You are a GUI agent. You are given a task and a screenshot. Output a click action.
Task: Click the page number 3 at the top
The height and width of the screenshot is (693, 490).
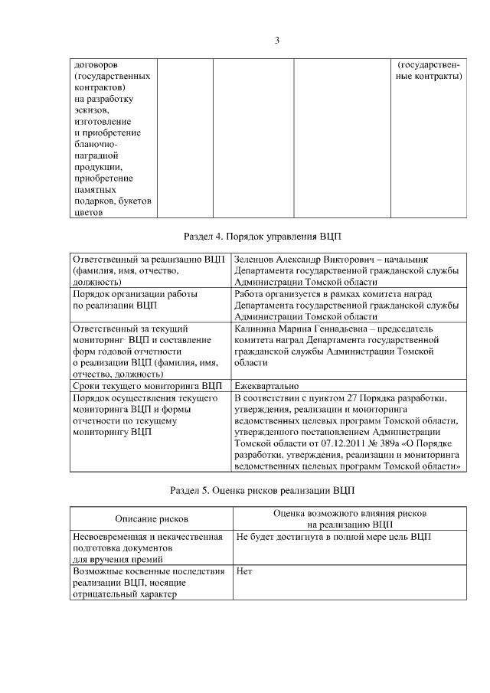pos(277,40)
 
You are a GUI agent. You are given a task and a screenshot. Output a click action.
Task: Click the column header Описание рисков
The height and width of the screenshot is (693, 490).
pos(151,519)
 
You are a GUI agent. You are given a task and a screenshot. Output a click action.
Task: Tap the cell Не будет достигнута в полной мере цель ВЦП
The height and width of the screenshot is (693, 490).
pos(333,537)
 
